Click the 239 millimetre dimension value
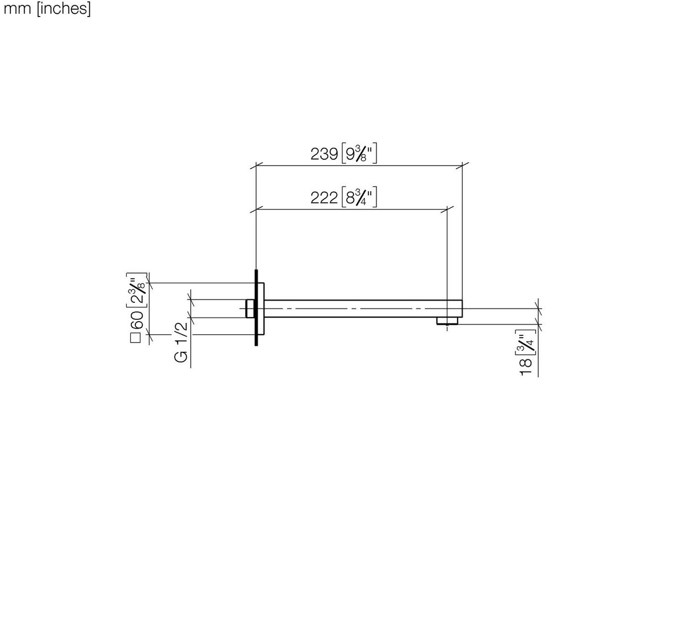[324, 154]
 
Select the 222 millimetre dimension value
[324, 198]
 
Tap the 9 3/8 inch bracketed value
[359, 153]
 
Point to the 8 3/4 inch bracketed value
[359, 197]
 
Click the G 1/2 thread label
[181, 342]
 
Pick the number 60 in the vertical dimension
[137, 321]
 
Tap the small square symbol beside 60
[136, 338]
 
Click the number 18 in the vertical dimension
[526, 367]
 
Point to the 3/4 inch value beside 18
[525, 343]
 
